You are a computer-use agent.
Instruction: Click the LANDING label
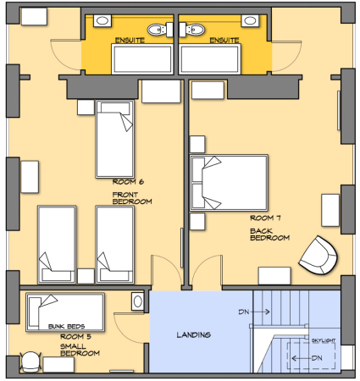[x=194, y=335]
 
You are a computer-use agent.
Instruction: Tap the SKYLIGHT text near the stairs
[x=324, y=340]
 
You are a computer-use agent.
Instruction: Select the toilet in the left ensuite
[x=160, y=30]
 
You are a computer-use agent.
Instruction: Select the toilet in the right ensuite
[x=192, y=30]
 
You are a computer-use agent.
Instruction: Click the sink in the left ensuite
[x=102, y=20]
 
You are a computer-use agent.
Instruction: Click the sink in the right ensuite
[x=250, y=20]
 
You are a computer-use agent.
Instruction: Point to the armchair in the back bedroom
[x=318, y=256]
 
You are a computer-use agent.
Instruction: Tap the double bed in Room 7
[x=229, y=183]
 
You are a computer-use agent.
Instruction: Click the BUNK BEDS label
[x=66, y=327]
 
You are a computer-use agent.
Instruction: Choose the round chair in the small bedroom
[x=30, y=362]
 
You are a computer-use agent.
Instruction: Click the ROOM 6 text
[x=128, y=182]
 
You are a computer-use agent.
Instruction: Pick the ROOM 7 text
[x=265, y=218]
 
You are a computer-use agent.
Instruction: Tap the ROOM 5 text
[x=75, y=337]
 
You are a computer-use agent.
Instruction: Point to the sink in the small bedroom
[x=138, y=301]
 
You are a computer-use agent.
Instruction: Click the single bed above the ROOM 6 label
[x=115, y=139]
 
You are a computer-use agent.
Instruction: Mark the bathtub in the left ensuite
[x=142, y=59]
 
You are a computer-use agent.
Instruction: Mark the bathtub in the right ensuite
[x=210, y=59]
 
